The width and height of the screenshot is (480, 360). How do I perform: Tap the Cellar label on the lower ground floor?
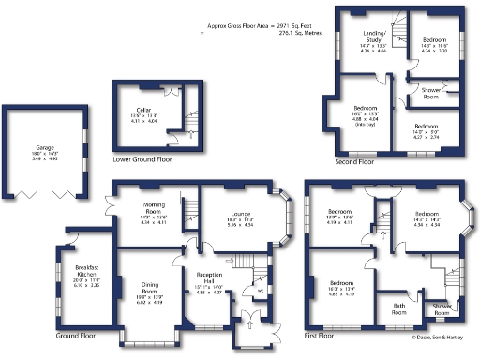(143, 111)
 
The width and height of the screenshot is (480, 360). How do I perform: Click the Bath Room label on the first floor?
(398, 310)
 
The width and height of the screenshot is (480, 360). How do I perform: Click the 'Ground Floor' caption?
(75, 335)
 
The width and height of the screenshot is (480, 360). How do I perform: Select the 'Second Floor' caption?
(353, 161)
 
